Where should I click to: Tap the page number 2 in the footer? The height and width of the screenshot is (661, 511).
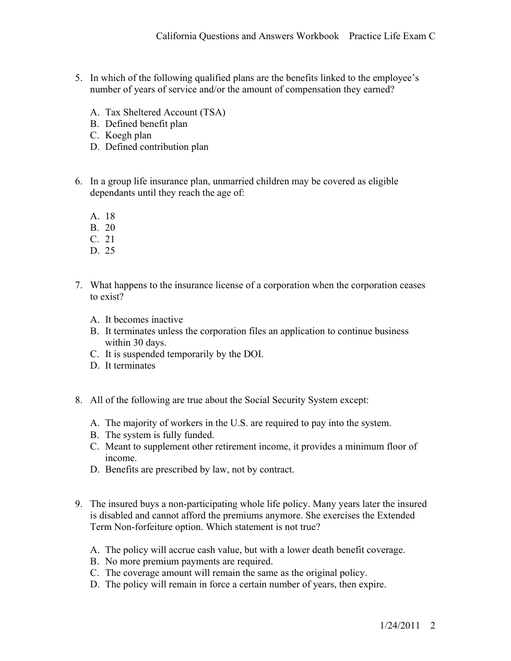tap(433, 625)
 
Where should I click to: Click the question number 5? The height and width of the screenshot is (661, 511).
tap(78, 78)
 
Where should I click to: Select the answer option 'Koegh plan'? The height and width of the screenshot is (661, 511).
tap(128, 135)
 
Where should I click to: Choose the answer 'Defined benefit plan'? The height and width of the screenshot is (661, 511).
tap(146, 124)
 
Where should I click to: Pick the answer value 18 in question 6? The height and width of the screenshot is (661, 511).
tap(110, 216)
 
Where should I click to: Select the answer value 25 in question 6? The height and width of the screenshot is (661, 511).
tap(110, 251)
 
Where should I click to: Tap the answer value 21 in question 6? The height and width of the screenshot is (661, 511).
tap(110, 239)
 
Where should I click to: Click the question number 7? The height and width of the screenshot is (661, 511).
tap(78, 285)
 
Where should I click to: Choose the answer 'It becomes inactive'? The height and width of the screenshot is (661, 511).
tap(144, 320)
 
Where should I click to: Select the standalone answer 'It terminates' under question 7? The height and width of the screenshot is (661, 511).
tap(130, 365)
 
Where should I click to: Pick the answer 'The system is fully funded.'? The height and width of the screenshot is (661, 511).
tap(159, 435)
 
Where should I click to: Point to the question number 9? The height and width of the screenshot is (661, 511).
tap(78, 504)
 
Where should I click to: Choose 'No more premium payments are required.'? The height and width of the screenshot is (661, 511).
tap(188, 561)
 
